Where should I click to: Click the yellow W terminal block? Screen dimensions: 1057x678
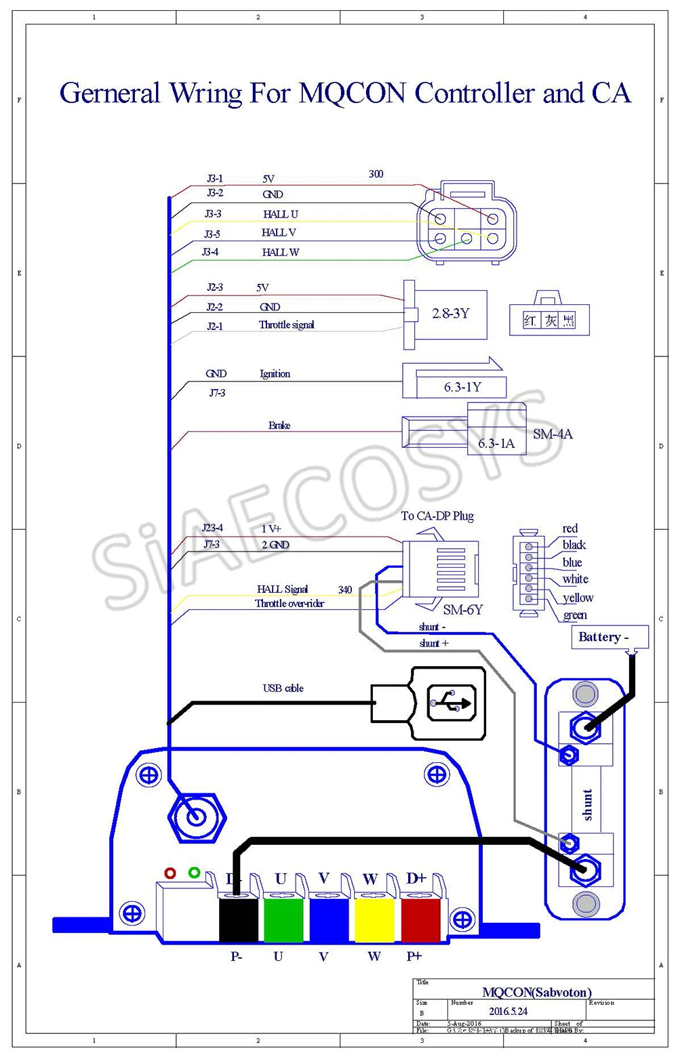374,918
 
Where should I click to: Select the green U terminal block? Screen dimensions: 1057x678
283,918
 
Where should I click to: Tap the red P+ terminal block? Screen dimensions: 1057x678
420,918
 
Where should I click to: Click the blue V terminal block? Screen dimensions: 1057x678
329,918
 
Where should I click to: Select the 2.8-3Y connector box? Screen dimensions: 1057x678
451,314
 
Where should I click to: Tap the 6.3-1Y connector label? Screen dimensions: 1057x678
462,387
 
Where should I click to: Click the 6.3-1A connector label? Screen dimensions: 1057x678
496,443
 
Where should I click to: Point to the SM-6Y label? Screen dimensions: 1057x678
462,609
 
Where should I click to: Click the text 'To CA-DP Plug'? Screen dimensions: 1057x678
437,516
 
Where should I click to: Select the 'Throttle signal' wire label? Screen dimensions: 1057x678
286,325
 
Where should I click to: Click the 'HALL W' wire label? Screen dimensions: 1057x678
280,252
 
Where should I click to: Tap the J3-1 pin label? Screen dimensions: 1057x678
215,179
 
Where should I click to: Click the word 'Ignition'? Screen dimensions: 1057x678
275,373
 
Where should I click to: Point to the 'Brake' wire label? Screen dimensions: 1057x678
279,426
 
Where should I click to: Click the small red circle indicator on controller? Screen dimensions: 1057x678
170,873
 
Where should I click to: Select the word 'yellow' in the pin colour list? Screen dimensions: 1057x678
578,598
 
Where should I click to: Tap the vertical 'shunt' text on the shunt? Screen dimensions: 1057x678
587,804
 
